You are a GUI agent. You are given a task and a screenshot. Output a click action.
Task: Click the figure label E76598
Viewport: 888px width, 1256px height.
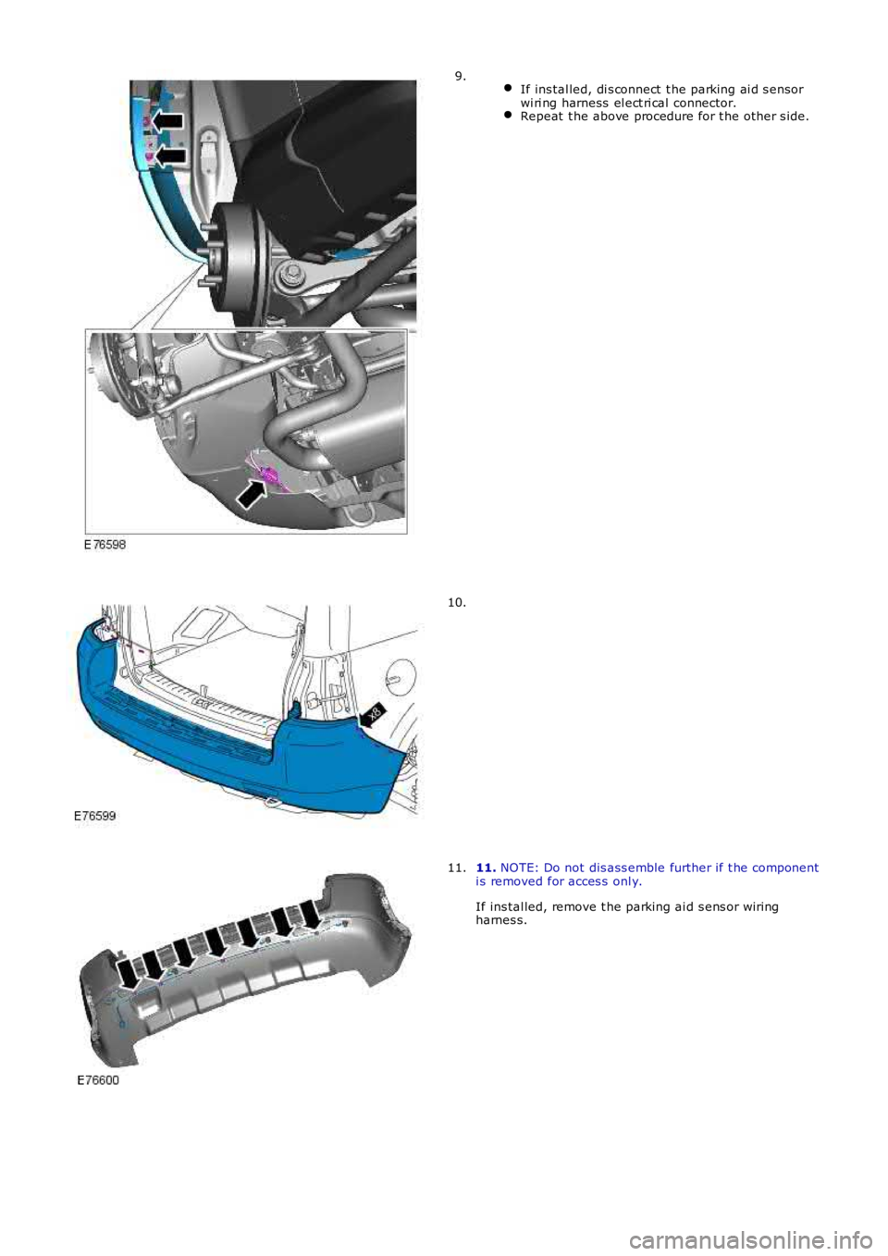tap(105, 545)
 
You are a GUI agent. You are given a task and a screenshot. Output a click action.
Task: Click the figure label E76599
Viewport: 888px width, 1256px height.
tap(95, 817)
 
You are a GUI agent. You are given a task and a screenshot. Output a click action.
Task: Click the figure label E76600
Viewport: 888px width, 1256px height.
tap(98, 1080)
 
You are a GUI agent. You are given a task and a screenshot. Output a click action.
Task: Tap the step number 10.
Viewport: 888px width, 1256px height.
tap(458, 603)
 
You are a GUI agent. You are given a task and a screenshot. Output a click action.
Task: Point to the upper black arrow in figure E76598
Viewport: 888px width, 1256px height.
tap(168, 120)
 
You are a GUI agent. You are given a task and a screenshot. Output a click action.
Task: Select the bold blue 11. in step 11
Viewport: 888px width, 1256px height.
tap(486, 868)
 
